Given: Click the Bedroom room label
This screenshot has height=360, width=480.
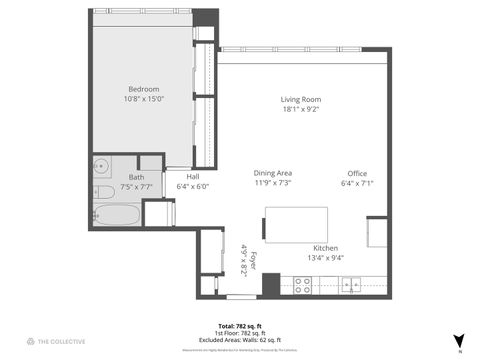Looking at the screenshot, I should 143,88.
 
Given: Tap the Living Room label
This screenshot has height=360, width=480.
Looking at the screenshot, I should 299,100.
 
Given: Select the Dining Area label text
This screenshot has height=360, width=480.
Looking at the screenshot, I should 271,173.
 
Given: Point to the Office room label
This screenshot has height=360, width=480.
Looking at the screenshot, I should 357,173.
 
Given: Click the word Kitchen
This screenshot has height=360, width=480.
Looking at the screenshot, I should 326,248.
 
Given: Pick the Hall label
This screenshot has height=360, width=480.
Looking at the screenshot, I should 192,177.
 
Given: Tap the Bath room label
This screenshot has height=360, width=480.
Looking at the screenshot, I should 136,177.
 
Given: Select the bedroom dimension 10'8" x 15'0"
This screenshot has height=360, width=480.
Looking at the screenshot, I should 143,98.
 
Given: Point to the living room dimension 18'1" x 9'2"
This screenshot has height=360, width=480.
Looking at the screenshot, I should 299,110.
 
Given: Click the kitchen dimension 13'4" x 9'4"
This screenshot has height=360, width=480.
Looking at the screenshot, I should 326,258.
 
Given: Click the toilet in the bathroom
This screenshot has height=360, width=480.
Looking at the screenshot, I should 103,192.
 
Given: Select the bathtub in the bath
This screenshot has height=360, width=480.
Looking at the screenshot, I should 114,214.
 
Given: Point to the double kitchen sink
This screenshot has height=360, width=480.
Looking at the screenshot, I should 351,285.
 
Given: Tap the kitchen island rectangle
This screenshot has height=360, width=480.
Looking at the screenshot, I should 296,224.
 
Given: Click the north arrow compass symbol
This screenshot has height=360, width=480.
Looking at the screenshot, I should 459,341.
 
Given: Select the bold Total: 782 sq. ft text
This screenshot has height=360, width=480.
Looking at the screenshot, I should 240,326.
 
